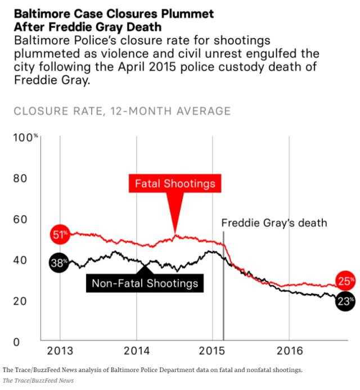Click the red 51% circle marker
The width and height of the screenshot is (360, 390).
(60, 234)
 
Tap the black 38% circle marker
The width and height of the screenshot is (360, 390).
(58, 262)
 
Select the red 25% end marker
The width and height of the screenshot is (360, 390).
(345, 281)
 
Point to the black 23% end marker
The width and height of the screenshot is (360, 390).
(345, 301)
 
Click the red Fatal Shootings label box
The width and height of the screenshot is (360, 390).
(175, 184)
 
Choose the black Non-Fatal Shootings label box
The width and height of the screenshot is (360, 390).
(145, 283)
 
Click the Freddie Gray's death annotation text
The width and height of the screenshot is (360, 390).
(274, 223)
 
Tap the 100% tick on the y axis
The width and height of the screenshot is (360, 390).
(25, 138)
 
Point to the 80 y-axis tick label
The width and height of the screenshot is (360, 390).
(20, 178)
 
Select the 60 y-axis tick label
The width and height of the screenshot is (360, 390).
(20, 219)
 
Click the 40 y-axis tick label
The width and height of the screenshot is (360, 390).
(20, 260)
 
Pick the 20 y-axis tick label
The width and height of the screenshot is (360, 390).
(20, 301)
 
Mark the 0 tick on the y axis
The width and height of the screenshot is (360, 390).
(16, 342)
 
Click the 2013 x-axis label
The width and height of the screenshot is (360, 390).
(60, 351)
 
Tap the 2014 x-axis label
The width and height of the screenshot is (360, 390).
(137, 351)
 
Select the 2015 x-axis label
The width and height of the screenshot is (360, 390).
(212, 351)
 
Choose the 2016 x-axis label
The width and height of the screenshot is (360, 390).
(290, 351)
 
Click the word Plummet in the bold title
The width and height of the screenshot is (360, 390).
(187, 13)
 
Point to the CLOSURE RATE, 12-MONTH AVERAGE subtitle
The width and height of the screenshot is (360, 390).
(122, 111)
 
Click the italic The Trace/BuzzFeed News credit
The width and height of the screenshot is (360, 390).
(38, 380)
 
